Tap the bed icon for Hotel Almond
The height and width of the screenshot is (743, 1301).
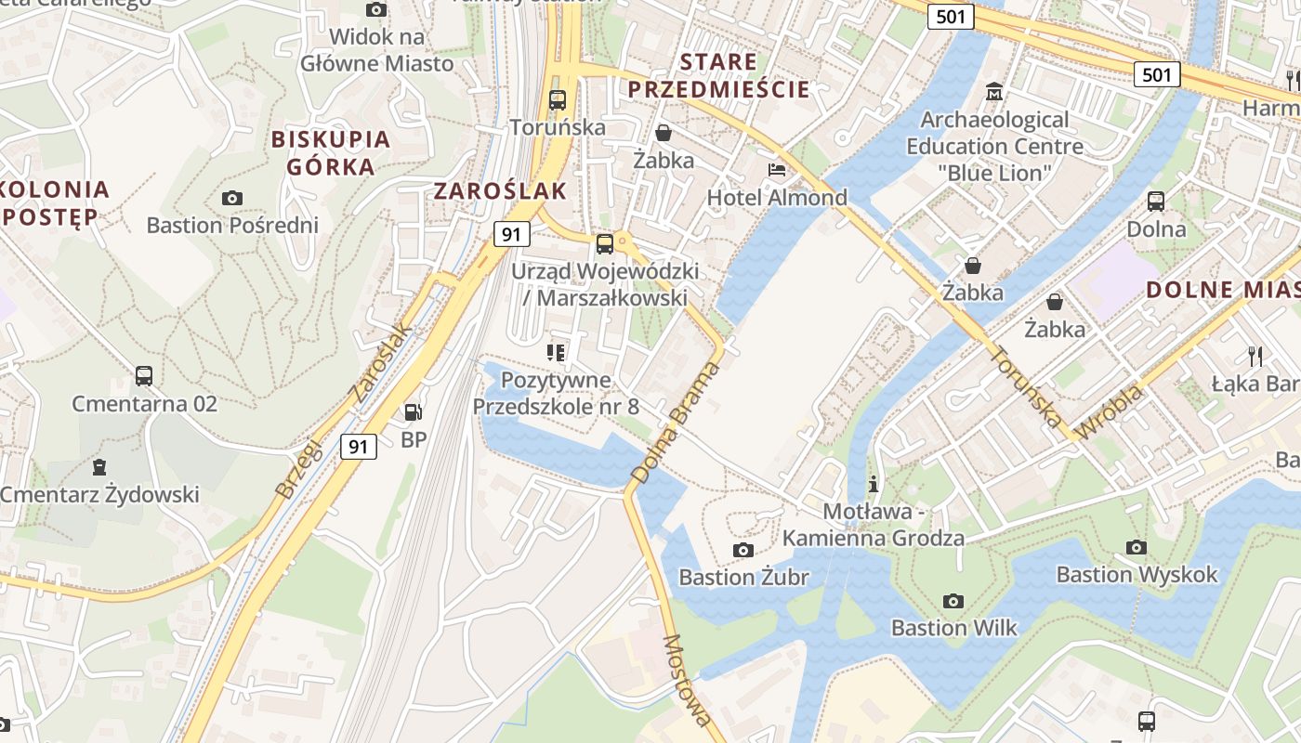(x=777, y=170)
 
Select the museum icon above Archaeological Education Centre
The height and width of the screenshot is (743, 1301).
(x=994, y=92)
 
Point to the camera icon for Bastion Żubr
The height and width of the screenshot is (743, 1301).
(x=742, y=550)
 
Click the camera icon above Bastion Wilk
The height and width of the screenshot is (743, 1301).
(x=953, y=601)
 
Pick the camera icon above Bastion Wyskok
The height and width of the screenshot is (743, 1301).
(x=1136, y=547)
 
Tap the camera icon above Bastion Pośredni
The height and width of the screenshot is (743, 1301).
(x=232, y=198)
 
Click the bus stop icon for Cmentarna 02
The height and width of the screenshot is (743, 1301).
(x=144, y=376)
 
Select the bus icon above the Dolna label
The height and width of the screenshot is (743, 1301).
(x=1156, y=201)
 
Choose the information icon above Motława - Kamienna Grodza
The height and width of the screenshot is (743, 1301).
(x=873, y=484)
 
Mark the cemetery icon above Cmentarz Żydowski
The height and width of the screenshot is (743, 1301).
(x=99, y=466)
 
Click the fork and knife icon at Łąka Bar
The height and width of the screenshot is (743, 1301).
(x=1255, y=356)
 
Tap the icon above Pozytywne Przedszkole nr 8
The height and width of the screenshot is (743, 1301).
(x=556, y=352)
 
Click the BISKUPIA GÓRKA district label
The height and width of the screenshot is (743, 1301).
(x=330, y=153)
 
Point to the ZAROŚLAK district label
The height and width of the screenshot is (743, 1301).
(x=500, y=191)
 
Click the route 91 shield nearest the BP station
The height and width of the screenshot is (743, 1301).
(x=359, y=447)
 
